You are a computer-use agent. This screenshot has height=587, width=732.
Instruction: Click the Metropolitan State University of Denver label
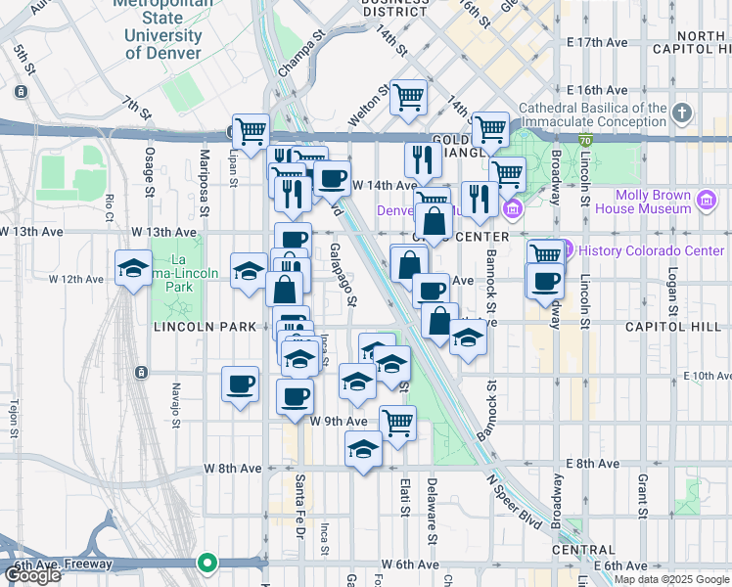pyautogui.click(x=162, y=28)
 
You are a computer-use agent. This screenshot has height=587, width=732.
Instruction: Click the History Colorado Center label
pyautogui.click(x=651, y=250)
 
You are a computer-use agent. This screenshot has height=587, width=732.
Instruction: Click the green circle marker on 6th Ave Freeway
pyautogui.click(x=206, y=563)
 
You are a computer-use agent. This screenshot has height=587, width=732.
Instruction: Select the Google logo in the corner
pyautogui.click(x=32, y=575)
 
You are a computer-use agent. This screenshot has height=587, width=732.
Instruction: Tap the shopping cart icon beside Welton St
pyautogui.click(x=408, y=96)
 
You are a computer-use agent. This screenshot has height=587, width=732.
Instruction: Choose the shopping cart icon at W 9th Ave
pyautogui.click(x=398, y=423)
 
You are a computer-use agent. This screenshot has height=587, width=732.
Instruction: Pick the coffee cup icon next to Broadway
pyautogui.click(x=546, y=280)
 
